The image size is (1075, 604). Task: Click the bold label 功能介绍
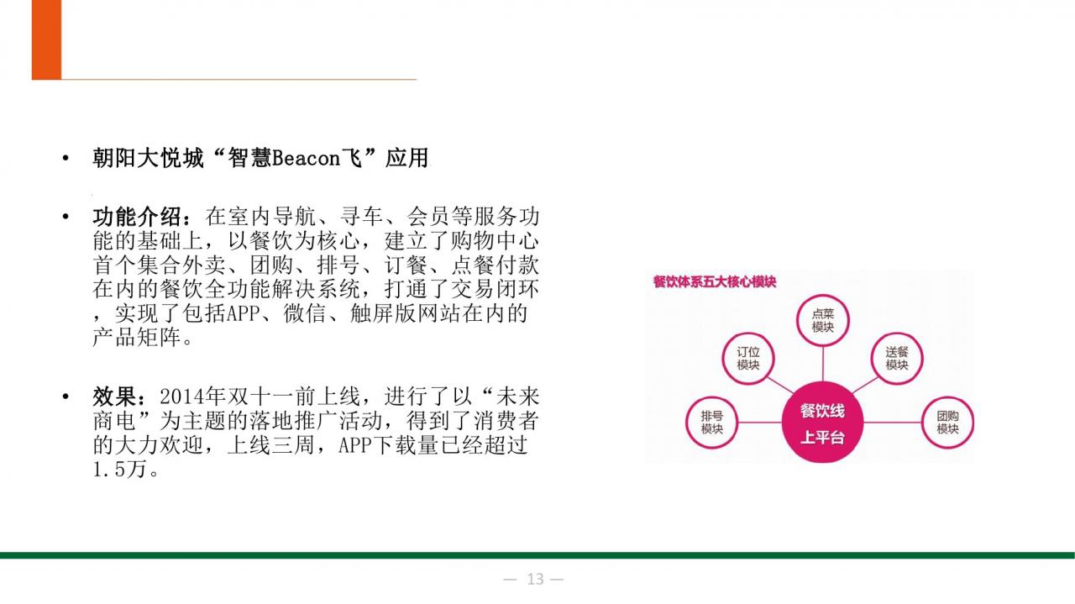click(137, 217)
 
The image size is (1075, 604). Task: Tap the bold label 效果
click(115, 397)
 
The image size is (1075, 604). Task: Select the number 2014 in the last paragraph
click(181, 397)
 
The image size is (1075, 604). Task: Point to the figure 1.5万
click(119, 469)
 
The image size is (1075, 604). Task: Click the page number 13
click(535, 579)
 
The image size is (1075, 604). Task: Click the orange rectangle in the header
click(46, 39)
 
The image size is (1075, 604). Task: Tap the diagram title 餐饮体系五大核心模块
click(715, 281)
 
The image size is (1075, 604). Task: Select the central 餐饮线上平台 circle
click(822, 423)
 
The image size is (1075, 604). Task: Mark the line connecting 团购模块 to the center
click(893, 423)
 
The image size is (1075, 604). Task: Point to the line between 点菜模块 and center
click(822, 365)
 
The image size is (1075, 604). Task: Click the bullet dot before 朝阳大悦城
click(66, 159)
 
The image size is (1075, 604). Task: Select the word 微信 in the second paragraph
click(305, 313)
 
